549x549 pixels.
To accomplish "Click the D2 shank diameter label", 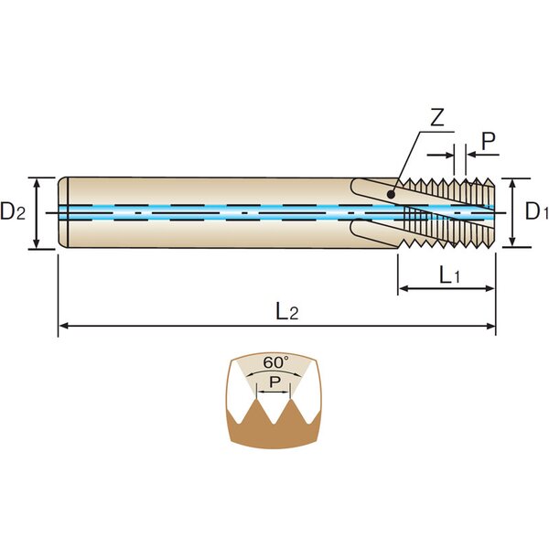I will [x=13, y=212].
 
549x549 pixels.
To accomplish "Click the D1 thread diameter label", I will [x=536, y=211].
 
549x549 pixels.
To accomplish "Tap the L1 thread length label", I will [x=448, y=274].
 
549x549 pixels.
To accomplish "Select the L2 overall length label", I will [x=286, y=311].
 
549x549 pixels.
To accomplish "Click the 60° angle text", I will [x=274, y=362].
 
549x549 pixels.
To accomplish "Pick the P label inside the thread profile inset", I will [x=274, y=380].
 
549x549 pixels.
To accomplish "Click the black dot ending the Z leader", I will [x=391, y=193].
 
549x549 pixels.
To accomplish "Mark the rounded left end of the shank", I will [x=63, y=212].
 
